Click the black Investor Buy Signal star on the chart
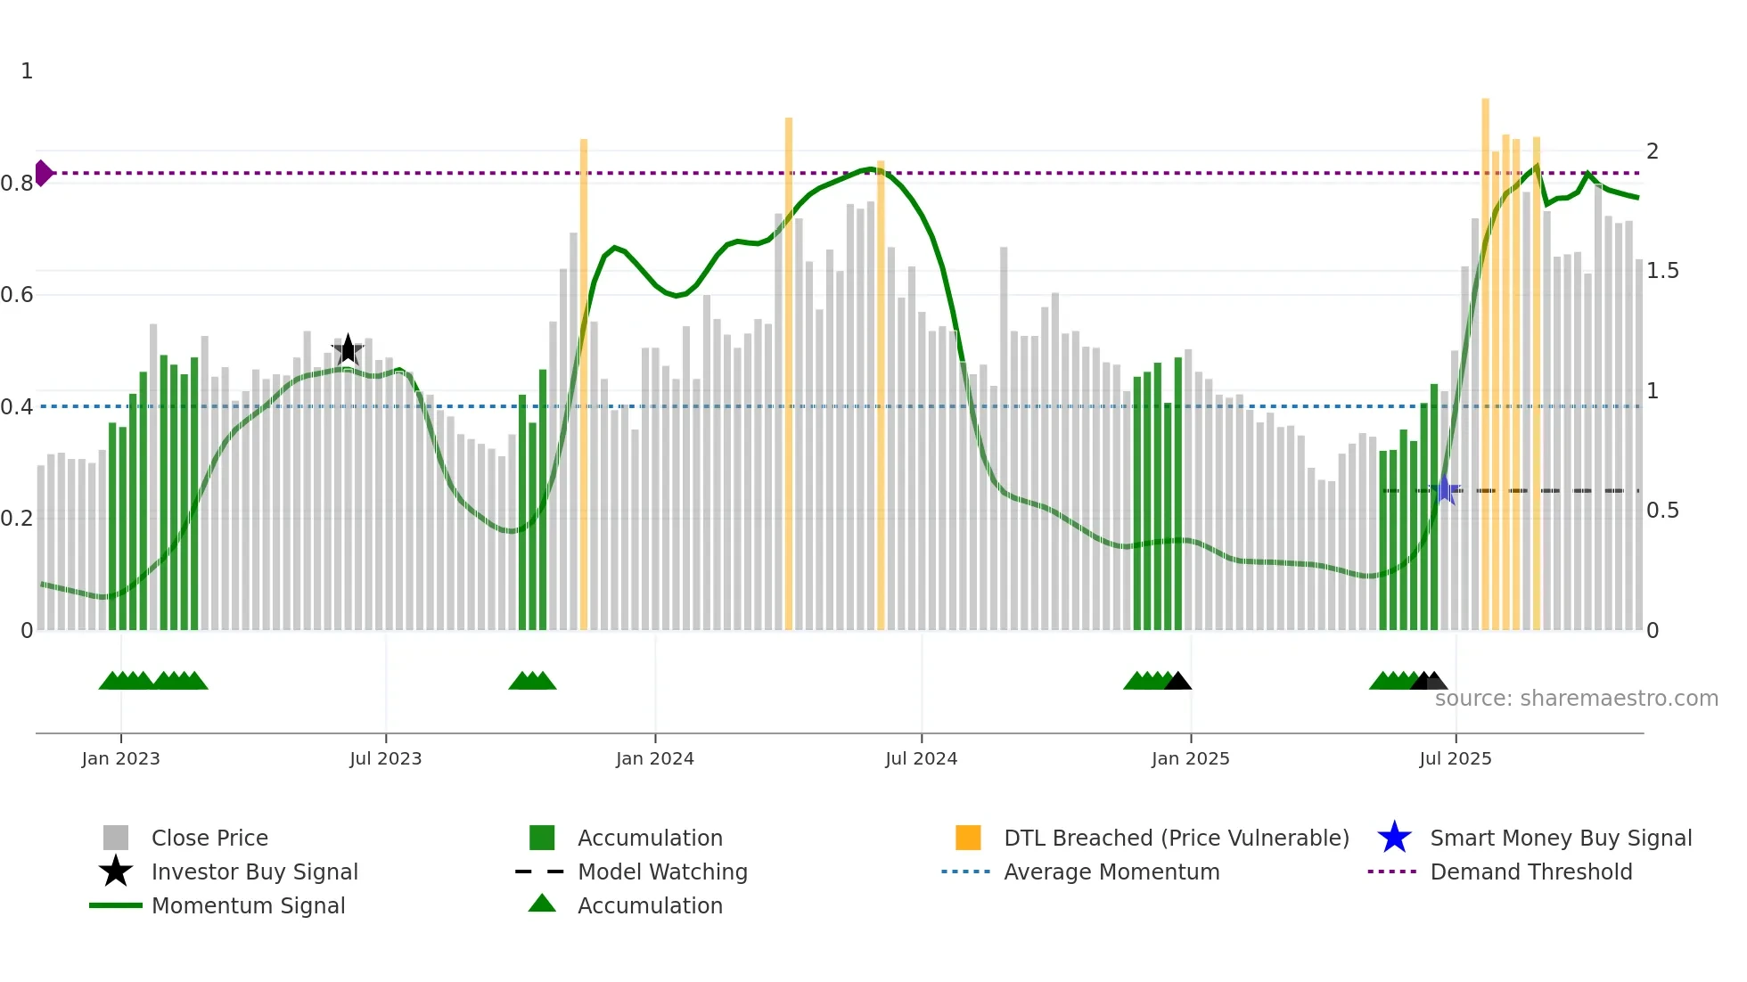[x=348, y=349]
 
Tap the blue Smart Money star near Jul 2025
[x=1445, y=490]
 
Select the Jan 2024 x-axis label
[x=654, y=759]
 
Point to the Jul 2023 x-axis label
[x=385, y=759]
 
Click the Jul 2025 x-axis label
[x=1455, y=759]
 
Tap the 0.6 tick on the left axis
[x=17, y=295]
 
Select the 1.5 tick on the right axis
[x=1662, y=271]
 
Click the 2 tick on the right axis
[x=1653, y=151]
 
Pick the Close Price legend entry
[x=209, y=839]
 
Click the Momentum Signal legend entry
[x=248, y=906]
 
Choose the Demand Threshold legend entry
[x=1530, y=872]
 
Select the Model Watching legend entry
[x=661, y=872]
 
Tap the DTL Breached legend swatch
[x=968, y=839]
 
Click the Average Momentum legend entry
[x=1111, y=872]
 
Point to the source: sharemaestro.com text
[x=1576, y=699]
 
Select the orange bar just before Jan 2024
[x=584, y=383]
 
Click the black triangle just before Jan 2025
[x=1177, y=682]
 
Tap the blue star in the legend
[x=1394, y=839]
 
